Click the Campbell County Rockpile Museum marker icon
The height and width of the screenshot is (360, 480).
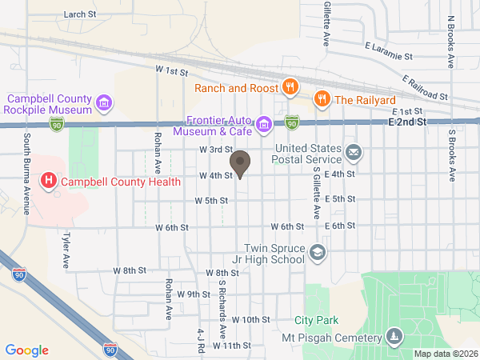(x=103, y=102)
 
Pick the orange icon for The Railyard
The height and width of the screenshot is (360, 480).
(x=322, y=99)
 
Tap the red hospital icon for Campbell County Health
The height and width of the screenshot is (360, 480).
(x=48, y=181)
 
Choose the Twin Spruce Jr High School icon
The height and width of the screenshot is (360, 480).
(x=318, y=253)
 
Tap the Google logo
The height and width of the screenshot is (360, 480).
(x=27, y=350)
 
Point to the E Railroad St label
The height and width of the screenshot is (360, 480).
(x=426, y=87)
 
